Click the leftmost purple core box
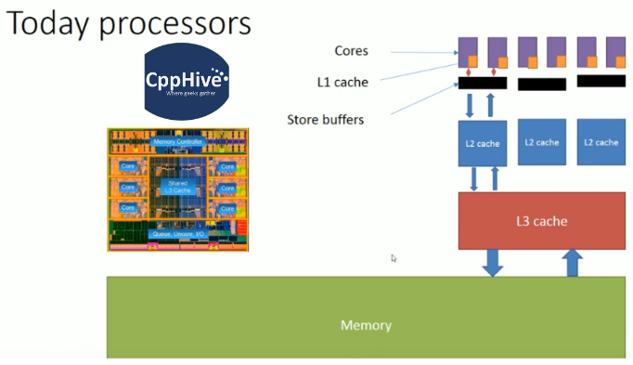[x=468, y=51]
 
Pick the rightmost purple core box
[x=615, y=51]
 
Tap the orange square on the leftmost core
[x=473, y=62]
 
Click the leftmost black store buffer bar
[x=482, y=83]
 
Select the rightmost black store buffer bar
[x=601, y=81]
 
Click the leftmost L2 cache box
[x=482, y=143]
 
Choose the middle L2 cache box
[x=541, y=142]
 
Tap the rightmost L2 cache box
[x=601, y=142]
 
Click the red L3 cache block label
[x=541, y=221]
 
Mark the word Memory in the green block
[x=366, y=325]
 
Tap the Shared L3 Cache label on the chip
[x=176, y=186]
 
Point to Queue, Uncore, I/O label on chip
[x=176, y=234]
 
